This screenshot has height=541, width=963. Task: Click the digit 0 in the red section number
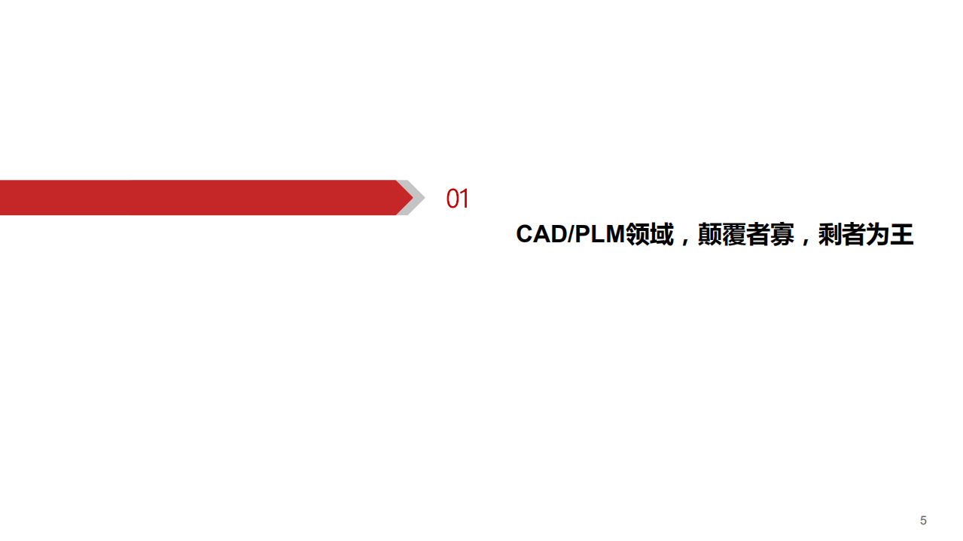(453, 199)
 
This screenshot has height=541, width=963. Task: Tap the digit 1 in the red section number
(465, 199)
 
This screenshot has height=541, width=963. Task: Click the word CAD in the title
(540, 235)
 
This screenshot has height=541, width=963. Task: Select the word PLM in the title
(599, 235)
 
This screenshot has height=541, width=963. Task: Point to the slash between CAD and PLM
(568, 235)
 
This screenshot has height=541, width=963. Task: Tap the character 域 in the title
(661, 235)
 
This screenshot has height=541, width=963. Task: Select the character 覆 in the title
(733, 235)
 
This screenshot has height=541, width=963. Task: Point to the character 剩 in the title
(830, 235)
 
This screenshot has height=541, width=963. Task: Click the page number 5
(923, 521)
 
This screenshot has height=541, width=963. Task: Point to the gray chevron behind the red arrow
(417, 198)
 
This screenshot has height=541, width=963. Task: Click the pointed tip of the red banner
(410, 198)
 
